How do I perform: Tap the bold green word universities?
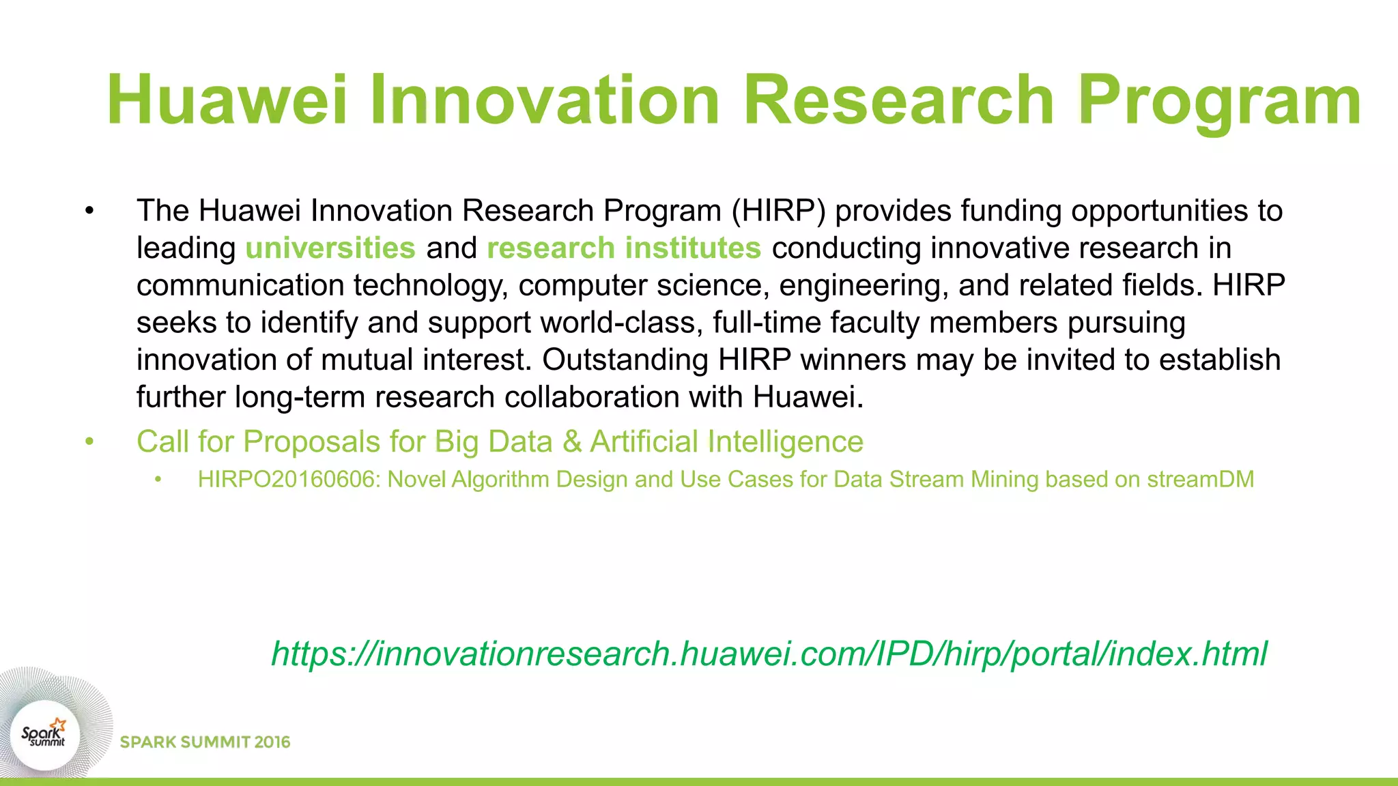[x=330, y=248]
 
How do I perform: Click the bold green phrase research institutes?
[x=624, y=248]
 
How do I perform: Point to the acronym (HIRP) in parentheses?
[x=778, y=211]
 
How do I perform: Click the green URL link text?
[x=769, y=654]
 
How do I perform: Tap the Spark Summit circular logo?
[x=44, y=735]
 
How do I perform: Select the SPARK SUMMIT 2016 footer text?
[x=205, y=742]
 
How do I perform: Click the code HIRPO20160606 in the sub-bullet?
[x=288, y=480]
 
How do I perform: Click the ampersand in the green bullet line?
[x=572, y=441]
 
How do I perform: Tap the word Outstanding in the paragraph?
[x=625, y=360]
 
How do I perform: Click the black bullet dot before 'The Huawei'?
[x=89, y=211]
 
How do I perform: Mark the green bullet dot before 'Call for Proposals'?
[x=89, y=441]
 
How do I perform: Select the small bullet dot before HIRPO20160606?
[x=158, y=480]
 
